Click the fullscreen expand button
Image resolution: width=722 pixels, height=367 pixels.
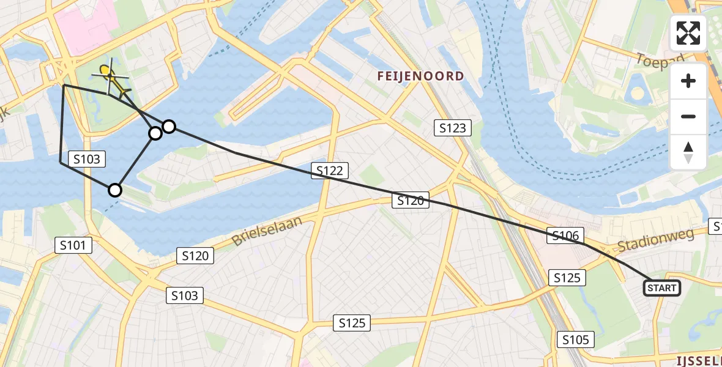tap(688, 33)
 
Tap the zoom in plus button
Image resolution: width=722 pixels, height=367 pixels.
tap(688, 81)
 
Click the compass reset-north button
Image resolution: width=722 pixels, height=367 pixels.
tap(688, 152)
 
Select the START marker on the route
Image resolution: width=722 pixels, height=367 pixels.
tap(662, 288)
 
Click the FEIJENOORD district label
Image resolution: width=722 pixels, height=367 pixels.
tap(420, 76)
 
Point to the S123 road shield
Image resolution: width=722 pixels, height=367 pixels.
tap(453, 128)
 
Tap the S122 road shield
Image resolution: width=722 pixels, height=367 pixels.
tap(330, 171)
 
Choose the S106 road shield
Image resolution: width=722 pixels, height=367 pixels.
tap(565, 236)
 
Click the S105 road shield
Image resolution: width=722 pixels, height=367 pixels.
tap(576, 339)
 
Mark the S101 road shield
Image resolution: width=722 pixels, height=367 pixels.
tap(73, 246)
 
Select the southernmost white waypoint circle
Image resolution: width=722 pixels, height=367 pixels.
tap(115, 190)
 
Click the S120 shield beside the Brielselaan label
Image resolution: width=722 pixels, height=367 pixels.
tap(196, 256)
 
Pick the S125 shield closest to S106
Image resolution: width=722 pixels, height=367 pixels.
tap(567, 278)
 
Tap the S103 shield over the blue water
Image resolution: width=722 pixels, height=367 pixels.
tap(87, 160)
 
